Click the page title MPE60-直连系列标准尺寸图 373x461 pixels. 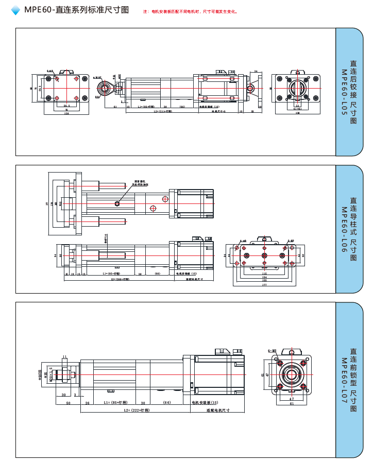click(x=76, y=10)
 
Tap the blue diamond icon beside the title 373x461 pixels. click(x=15, y=10)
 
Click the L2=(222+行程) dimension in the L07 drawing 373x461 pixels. click(x=136, y=411)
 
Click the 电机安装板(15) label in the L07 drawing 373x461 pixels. click(x=205, y=402)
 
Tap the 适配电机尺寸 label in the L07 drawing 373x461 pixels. click(x=217, y=411)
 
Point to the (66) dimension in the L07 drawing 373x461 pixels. click(x=167, y=402)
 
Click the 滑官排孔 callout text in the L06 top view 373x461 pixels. click(x=141, y=182)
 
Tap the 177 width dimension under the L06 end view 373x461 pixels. click(x=264, y=284)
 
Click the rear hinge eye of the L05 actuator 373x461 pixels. click(x=250, y=89)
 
